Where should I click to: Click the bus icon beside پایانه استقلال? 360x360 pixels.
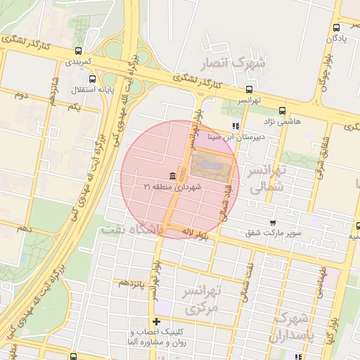pyautogui.click(x=78, y=79)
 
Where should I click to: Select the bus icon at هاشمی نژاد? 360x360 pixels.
pyautogui.click(x=282, y=110)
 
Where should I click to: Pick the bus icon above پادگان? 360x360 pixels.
pyautogui.click(x=335, y=27)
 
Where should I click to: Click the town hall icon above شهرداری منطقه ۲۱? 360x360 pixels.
pyautogui.click(x=172, y=175)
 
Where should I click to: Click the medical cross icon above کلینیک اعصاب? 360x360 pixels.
pyautogui.click(x=156, y=321)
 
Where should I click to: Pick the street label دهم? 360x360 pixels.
pyautogui.click(x=25, y=229)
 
